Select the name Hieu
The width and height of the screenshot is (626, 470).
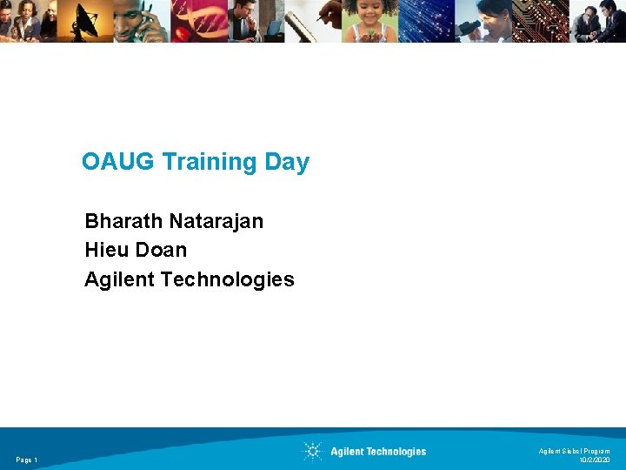click(107, 251)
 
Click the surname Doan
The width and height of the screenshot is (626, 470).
click(162, 251)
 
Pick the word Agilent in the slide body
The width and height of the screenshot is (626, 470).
click(116, 280)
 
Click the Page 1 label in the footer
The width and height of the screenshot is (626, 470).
click(26, 460)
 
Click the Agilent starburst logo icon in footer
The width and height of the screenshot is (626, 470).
click(312, 451)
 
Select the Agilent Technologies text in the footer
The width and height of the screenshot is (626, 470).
click(378, 452)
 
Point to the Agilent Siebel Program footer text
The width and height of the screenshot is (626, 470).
click(574, 451)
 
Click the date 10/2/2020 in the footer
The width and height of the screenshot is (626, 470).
click(594, 460)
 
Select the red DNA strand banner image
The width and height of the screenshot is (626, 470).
click(202, 21)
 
